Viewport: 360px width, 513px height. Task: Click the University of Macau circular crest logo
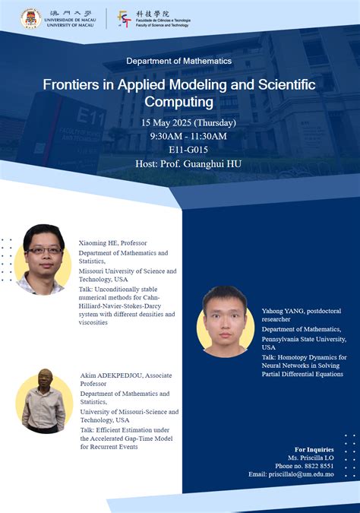pyautogui.click(x=31, y=19)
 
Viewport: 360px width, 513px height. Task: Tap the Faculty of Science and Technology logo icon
pyautogui.click(x=125, y=19)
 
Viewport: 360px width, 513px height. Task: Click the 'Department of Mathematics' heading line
pyautogui.click(x=179, y=61)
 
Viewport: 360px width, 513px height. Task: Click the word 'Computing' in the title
pyautogui.click(x=180, y=101)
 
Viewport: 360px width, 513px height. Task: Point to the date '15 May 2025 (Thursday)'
pyautogui.click(x=188, y=122)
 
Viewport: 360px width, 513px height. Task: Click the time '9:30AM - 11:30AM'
pyautogui.click(x=188, y=136)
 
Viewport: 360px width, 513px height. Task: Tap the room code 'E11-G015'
pyautogui.click(x=188, y=150)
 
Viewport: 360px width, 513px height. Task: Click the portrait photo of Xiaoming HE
pyautogui.click(x=43, y=260)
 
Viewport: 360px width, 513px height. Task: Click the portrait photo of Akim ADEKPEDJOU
pyautogui.click(x=43, y=401)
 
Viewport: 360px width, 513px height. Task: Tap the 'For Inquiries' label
pyautogui.click(x=314, y=449)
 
